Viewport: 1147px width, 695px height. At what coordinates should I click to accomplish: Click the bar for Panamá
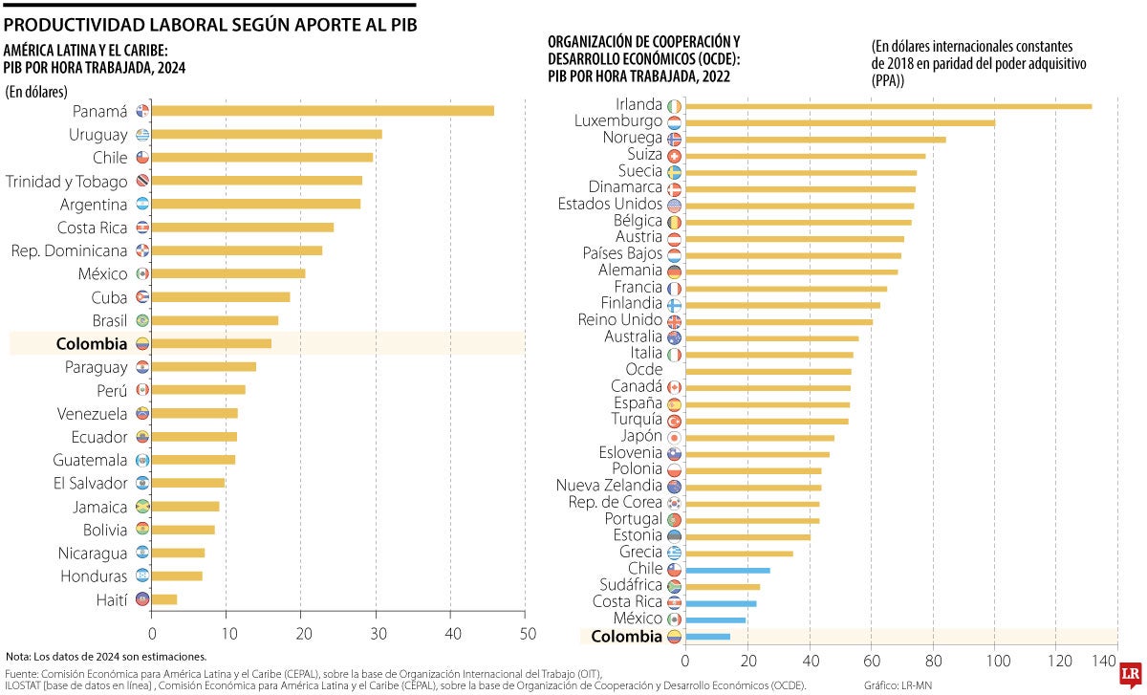tap(322, 111)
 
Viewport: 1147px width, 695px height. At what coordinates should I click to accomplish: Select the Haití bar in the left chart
tap(164, 599)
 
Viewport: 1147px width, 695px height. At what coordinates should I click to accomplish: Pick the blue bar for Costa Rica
tap(721, 603)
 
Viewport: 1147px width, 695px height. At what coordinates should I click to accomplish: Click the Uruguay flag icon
tap(142, 135)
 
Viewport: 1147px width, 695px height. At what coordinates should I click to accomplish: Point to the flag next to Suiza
tap(674, 155)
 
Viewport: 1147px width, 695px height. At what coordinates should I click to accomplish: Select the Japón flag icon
tap(674, 437)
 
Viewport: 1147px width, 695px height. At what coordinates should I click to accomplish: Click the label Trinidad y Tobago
tap(66, 181)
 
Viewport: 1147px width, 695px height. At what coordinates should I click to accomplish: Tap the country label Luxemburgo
tap(618, 121)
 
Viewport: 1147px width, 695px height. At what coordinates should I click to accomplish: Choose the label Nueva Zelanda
tap(609, 486)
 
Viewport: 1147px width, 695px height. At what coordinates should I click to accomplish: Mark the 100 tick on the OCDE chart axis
tap(996, 660)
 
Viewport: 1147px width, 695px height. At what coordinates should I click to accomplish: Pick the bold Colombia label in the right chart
tap(626, 637)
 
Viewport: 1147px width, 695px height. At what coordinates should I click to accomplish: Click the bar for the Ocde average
tap(768, 371)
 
